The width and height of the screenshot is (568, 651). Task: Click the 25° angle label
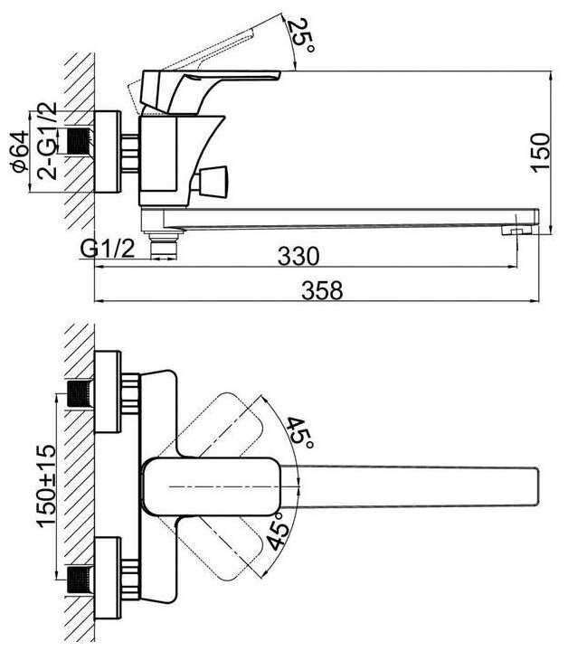[x=302, y=35]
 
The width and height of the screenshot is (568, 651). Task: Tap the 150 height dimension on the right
[x=540, y=152]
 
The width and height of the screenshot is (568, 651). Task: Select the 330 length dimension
[x=298, y=256]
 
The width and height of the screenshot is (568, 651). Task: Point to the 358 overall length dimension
[x=322, y=290]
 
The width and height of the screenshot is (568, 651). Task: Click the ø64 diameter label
[x=20, y=151]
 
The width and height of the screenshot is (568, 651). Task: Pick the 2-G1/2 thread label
[x=47, y=140]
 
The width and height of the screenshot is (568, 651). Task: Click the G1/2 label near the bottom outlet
[x=108, y=249]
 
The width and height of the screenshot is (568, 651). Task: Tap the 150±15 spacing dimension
[x=46, y=486]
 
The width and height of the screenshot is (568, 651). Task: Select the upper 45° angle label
[x=300, y=432]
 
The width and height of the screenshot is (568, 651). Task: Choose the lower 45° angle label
[x=277, y=531]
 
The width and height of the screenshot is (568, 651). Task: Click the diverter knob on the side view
[x=210, y=182]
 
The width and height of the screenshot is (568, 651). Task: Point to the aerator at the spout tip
[x=516, y=231]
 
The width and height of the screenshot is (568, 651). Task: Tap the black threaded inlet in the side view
[x=79, y=141]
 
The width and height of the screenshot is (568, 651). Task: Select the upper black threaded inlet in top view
[x=80, y=394]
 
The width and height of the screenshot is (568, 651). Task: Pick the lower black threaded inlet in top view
[x=80, y=580]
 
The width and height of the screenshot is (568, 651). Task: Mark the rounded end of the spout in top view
[x=535, y=486]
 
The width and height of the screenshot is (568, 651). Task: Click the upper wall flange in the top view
[x=108, y=392]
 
